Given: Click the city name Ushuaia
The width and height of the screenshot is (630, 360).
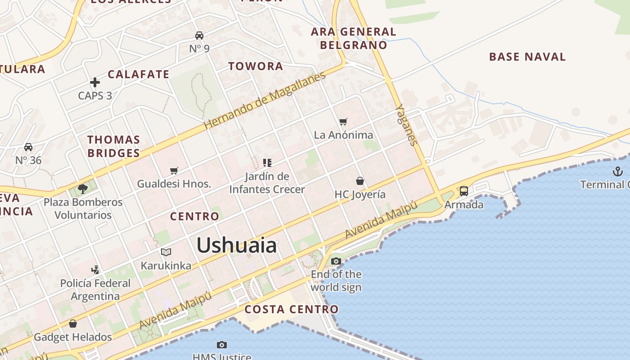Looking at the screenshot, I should point(237,246).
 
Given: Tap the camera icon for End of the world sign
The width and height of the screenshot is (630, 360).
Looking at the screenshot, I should point(336,261).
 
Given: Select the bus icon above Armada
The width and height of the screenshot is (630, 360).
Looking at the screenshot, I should point(463,191).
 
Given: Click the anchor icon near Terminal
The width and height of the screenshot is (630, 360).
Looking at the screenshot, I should point(617,171).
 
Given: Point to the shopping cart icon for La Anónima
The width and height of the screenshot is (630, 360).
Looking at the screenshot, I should point(343,121).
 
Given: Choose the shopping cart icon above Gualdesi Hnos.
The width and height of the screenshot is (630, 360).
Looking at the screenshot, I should point(174,171).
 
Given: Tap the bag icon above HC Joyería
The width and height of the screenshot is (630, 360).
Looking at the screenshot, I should point(360,181).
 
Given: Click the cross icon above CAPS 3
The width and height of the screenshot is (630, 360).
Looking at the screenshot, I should point(94,82).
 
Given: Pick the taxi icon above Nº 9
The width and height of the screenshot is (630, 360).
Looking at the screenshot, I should point(199,35).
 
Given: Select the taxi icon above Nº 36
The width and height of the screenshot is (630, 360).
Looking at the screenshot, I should point(28,147).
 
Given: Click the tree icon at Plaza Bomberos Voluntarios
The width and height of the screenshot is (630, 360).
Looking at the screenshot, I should point(82,189).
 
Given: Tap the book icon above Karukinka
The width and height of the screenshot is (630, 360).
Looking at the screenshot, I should point(166,252).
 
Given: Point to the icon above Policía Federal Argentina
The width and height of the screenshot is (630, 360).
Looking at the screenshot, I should point(95,270).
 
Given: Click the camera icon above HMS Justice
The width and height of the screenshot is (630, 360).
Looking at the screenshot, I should point(221,345).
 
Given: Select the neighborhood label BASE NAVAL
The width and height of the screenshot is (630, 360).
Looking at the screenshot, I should point(527,57).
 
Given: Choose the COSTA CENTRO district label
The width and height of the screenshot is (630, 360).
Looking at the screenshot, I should point(291,309).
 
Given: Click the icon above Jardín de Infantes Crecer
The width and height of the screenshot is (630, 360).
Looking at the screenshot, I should point(267,162).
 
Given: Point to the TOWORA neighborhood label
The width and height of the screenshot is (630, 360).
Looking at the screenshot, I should point(256,66).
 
